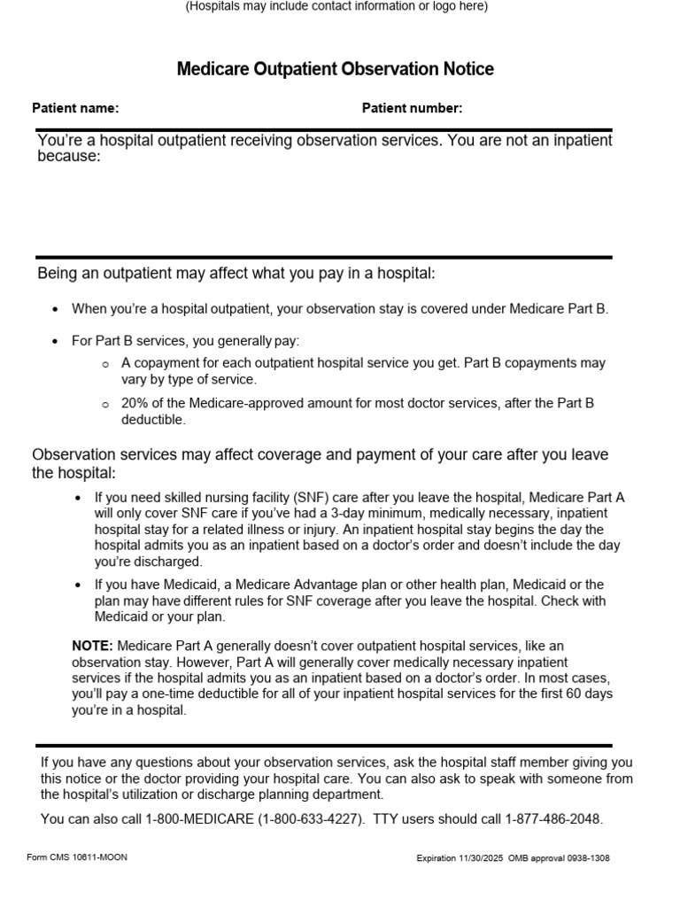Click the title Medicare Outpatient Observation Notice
[x=336, y=69]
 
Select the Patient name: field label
[x=75, y=108]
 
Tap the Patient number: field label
[x=412, y=108]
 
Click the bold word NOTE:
[x=92, y=646]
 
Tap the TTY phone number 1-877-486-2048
[x=553, y=819]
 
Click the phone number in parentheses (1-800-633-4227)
[x=311, y=819]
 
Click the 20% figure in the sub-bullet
[x=135, y=403]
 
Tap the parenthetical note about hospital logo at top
[x=336, y=6]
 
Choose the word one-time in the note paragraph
[x=171, y=694]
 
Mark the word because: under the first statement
[x=69, y=157]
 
